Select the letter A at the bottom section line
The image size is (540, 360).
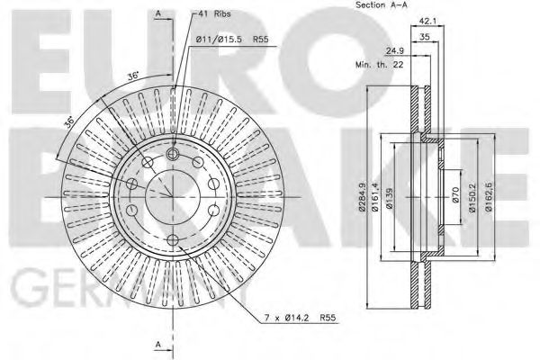158,345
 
